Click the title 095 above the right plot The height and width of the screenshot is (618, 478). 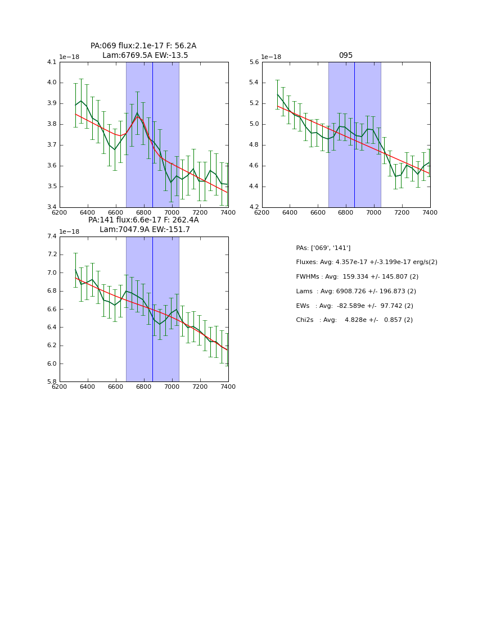[x=346, y=56]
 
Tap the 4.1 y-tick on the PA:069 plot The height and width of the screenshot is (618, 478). [x=52, y=62]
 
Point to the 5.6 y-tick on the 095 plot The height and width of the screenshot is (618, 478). [x=254, y=62]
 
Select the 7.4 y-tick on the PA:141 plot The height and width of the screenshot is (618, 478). [x=52, y=237]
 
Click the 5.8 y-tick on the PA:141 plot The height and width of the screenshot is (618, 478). [x=52, y=382]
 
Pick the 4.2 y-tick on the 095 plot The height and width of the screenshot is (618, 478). [x=254, y=207]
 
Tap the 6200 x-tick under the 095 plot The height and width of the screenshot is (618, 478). [x=262, y=212]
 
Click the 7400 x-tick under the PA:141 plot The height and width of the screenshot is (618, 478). [x=228, y=387]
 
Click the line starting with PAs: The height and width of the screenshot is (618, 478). [x=323, y=248]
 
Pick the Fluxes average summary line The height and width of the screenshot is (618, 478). [x=366, y=262]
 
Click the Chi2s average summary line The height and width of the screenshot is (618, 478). [x=354, y=320]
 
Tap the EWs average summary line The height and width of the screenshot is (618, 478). [x=354, y=306]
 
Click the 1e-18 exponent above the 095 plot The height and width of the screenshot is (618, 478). [x=271, y=57]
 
